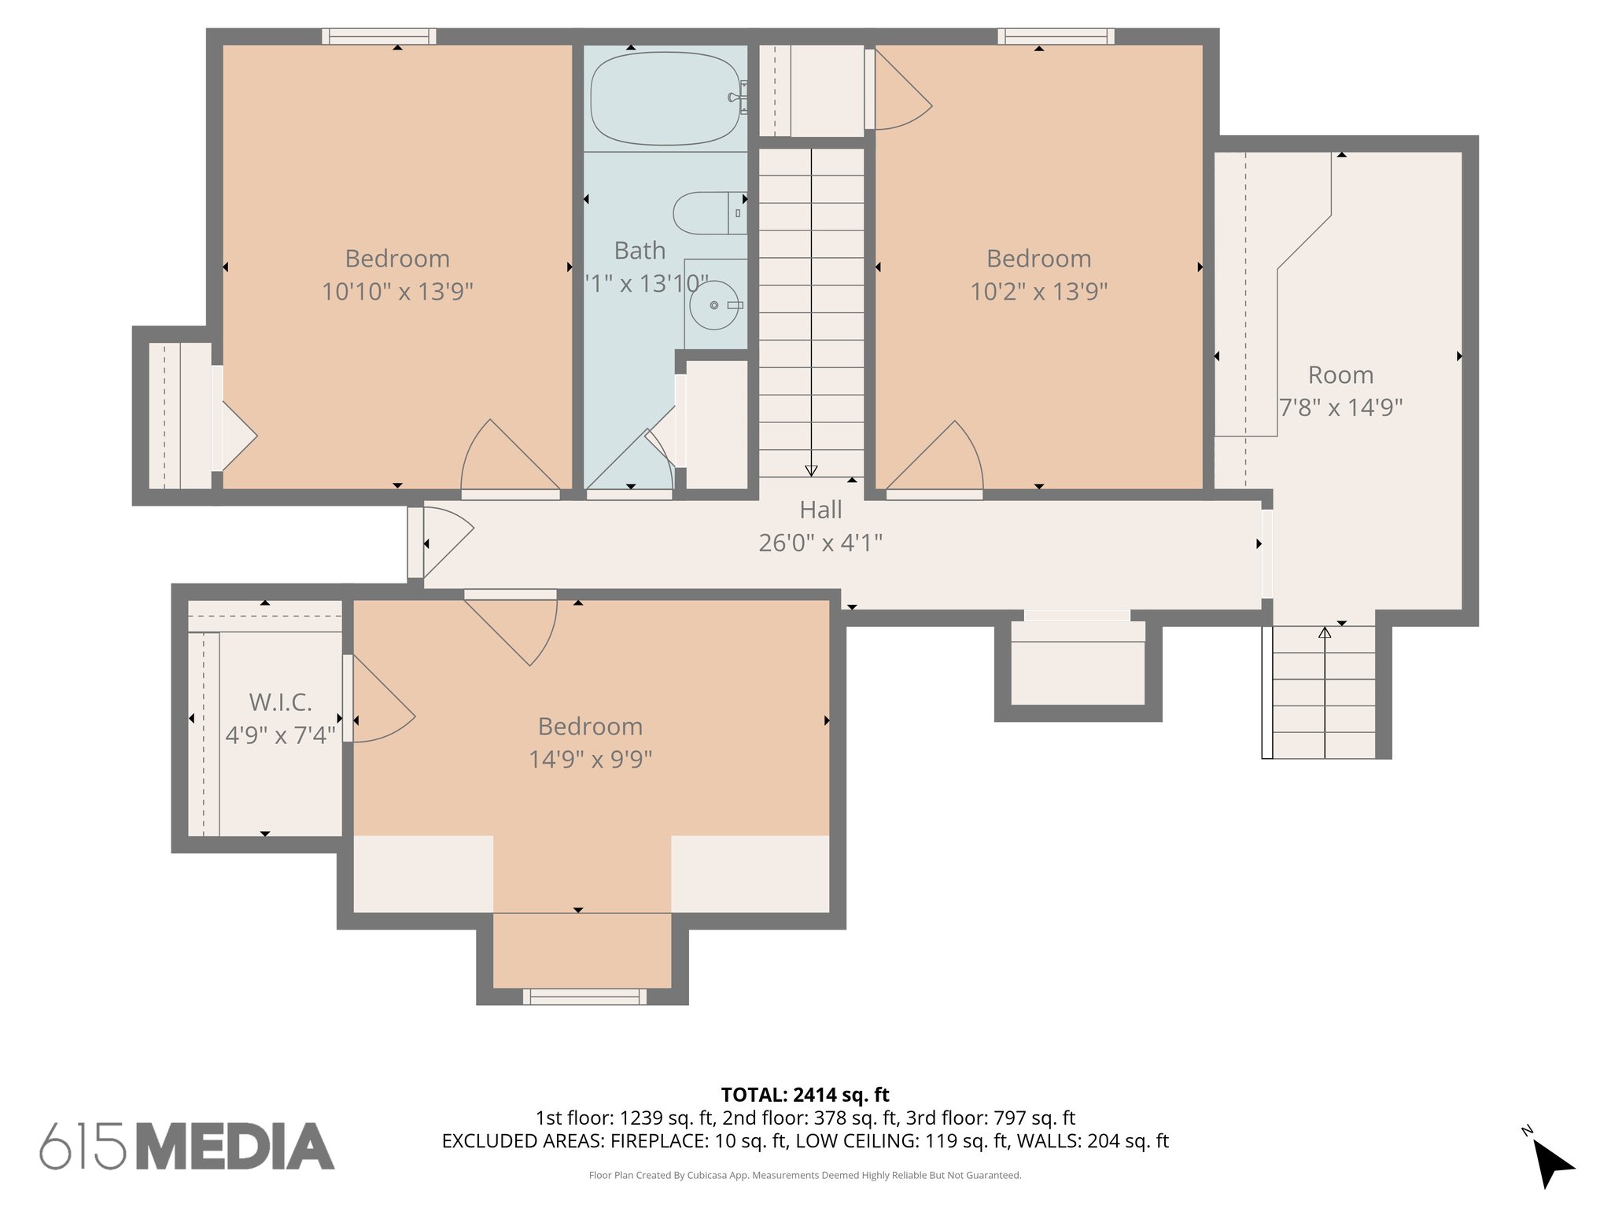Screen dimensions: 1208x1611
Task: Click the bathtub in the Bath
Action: coord(665,98)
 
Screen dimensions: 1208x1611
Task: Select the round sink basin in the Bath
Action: coord(713,305)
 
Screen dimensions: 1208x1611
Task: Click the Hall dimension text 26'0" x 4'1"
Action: coord(820,543)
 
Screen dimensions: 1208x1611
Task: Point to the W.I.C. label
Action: coord(280,702)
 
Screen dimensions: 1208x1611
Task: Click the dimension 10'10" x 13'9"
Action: coord(397,292)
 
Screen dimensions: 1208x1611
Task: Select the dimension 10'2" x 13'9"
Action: coord(1038,292)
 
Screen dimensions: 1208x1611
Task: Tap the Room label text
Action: coord(1340,375)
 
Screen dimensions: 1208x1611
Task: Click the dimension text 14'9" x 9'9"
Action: coord(590,760)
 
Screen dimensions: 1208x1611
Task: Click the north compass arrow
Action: coord(1551,1162)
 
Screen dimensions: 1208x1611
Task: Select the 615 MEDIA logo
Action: coord(187,1146)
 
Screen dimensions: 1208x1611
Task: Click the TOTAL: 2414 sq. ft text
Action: coord(805,1095)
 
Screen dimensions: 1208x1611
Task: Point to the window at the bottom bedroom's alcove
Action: coord(584,997)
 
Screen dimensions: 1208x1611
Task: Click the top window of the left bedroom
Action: coord(378,36)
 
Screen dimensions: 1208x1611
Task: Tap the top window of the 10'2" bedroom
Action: coord(1056,36)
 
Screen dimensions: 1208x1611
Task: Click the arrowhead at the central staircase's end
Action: coord(811,470)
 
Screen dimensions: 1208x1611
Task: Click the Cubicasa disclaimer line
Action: coord(805,1175)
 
